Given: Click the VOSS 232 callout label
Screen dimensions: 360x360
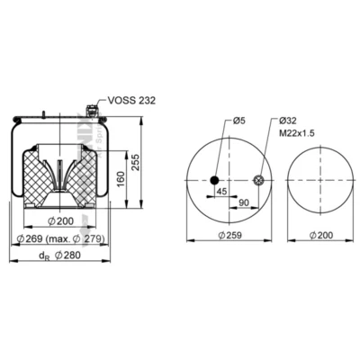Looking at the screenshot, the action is pos(131,101).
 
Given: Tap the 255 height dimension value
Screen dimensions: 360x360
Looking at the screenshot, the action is pos(136,162).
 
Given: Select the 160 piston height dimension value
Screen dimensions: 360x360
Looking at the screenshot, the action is pos(121,179).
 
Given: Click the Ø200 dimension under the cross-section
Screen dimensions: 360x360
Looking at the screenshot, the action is pos(60,221).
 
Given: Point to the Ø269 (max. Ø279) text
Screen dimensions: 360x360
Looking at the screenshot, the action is pos(60,239).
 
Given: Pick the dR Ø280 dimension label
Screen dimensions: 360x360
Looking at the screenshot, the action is pos(59,256).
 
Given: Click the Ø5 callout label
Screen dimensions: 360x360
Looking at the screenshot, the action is pos(239,121).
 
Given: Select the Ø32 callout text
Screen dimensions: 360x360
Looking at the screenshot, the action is pos(287,121).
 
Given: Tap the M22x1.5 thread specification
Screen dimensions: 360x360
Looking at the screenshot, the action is pos(297,133).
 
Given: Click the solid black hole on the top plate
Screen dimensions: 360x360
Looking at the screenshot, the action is pos(214,180).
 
